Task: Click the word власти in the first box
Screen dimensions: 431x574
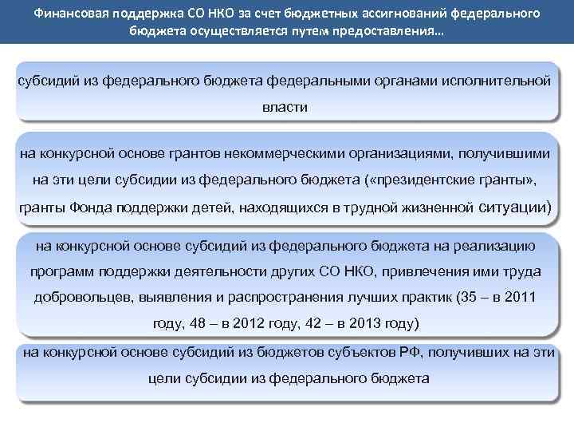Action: (x=285, y=106)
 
